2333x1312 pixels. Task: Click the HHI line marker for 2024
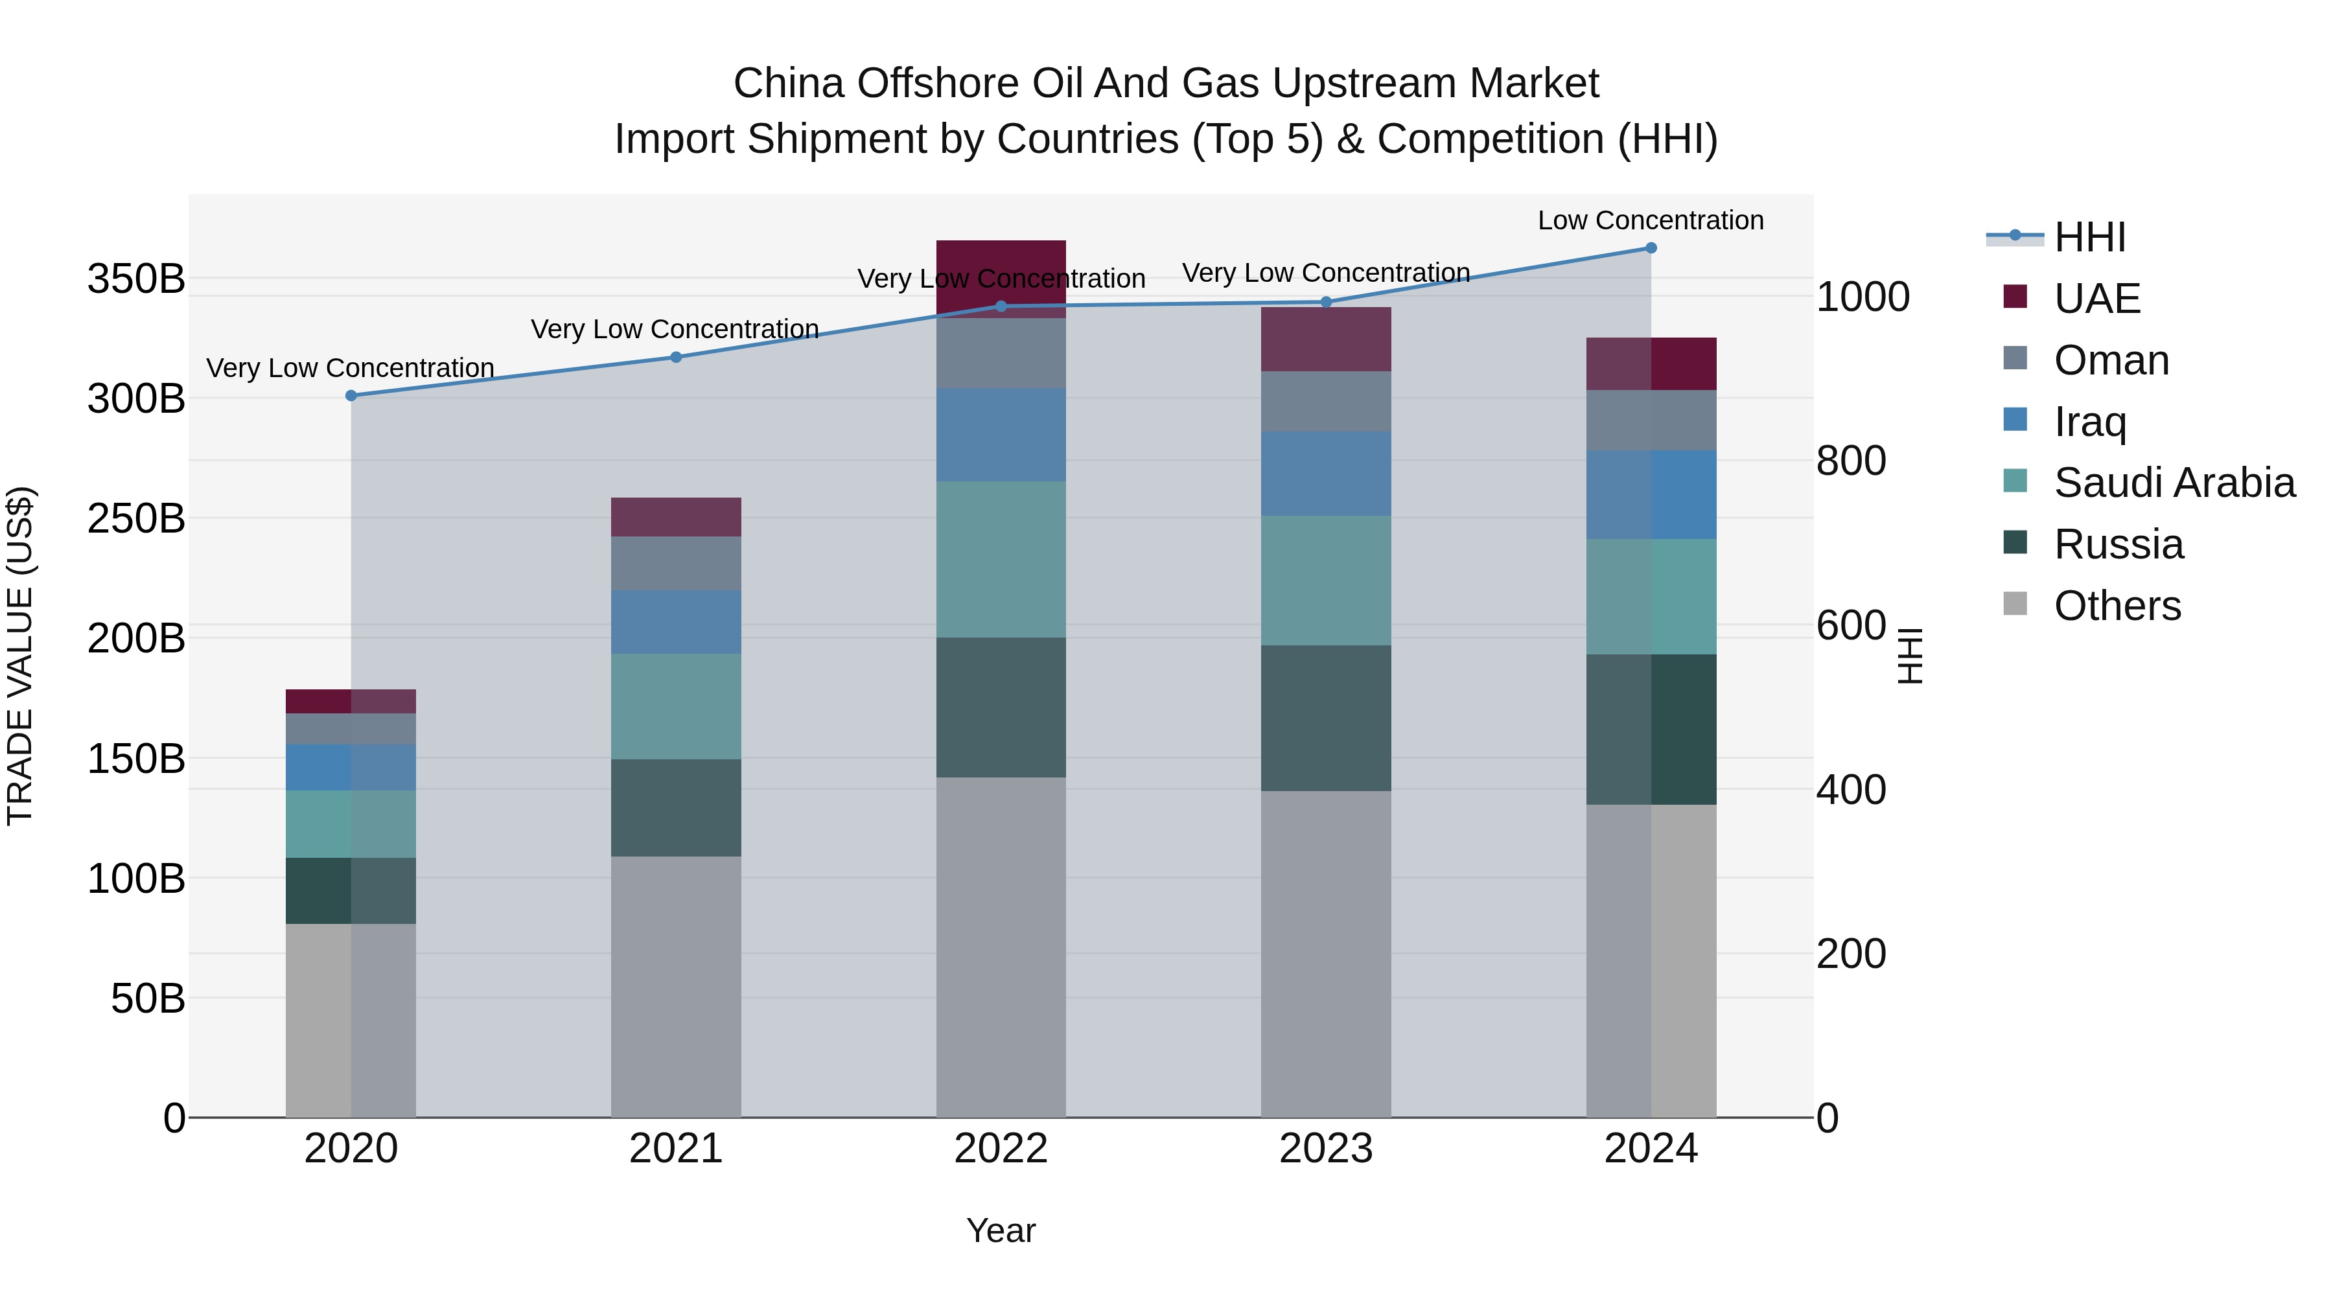(x=1650, y=248)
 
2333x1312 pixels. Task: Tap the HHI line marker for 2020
(x=351, y=396)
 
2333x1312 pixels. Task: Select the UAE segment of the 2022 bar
(x=1001, y=262)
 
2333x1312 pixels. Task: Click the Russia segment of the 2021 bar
(x=676, y=808)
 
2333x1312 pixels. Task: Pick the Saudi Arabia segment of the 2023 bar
(x=1326, y=581)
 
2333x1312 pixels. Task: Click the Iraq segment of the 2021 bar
(x=676, y=622)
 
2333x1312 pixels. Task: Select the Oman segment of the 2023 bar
(x=1326, y=401)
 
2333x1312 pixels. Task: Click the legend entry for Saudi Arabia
(x=2173, y=483)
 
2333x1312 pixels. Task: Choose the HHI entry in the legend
(x=2089, y=237)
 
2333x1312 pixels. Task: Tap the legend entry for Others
(x=2117, y=606)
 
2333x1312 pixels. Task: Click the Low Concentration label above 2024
(x=1650, y=220)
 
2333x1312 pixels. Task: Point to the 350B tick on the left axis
(x=136, y=278)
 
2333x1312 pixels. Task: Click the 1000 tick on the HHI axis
(x=1863, y=297)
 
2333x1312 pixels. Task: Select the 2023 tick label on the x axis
(x=1326, y=1149)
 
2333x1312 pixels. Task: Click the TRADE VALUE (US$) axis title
(x=20, y=656)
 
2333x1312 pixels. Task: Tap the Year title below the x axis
(x=1001, y=1230)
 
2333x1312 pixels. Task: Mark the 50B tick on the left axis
(x=148, y=998)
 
